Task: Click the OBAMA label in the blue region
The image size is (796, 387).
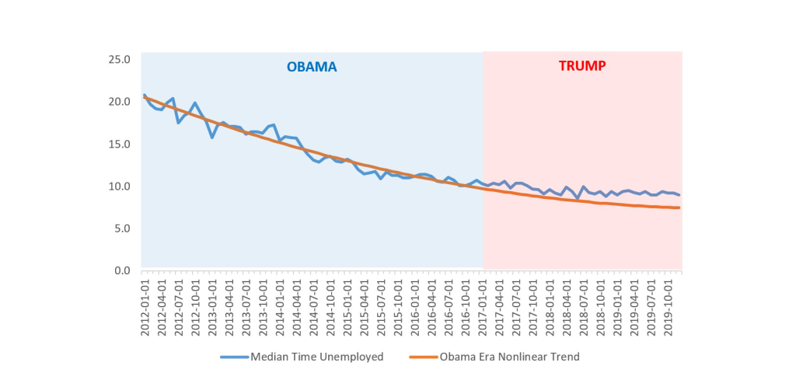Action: pos(312,67)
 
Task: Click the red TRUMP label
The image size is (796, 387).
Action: pos(582,66)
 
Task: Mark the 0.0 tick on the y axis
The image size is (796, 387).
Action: pos(121,270)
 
